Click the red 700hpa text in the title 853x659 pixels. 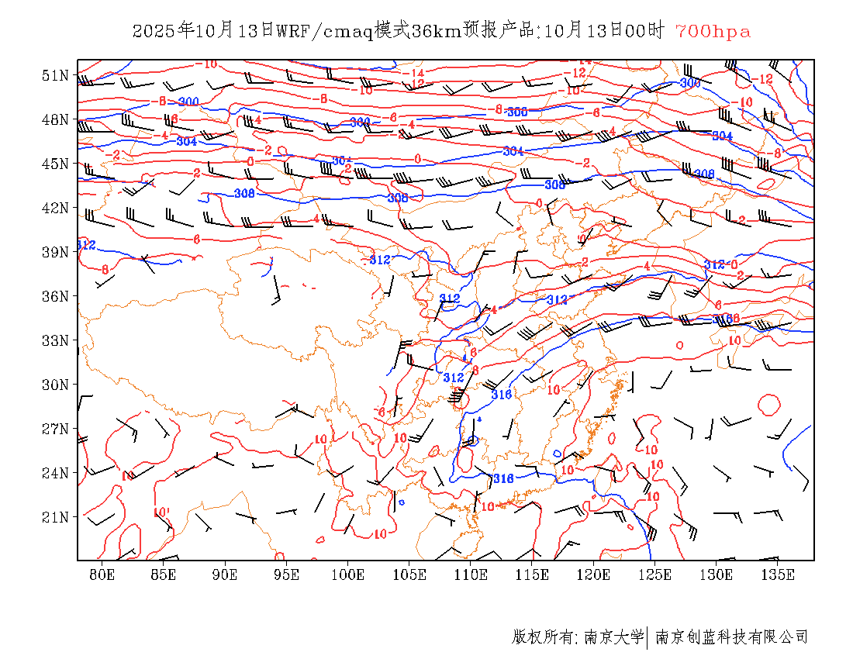click(x=713, y=31)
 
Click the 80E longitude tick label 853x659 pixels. click(x=102, y=574)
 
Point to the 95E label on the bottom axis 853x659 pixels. click(x=286, y=574)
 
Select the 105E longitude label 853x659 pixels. click(x=409, y=574)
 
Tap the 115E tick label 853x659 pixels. click(x=532, y=574)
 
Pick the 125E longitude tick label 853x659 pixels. click(x=655, y=574)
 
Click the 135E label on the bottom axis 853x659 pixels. click(x=778, y=574)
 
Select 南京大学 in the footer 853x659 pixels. click(x=613, y=637)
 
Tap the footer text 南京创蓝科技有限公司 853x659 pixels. click(x=732, y=637)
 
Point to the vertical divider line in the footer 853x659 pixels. click(x=648, y=637)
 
